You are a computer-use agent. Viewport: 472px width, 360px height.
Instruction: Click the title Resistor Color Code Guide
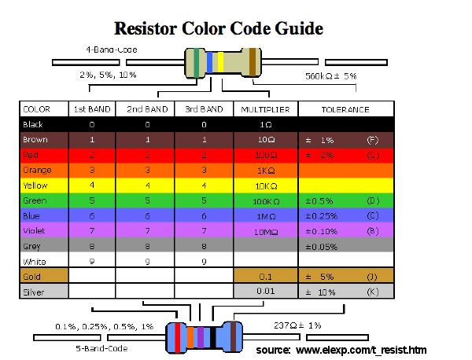click(219, 29)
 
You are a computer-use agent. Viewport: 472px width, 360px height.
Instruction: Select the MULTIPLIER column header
click(265, 109)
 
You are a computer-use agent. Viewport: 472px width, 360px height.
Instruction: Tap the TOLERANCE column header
click(345, 109)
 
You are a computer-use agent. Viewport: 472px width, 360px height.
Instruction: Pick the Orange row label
click(36, 170)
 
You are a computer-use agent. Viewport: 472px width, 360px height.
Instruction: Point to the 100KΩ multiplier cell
click(265, 200)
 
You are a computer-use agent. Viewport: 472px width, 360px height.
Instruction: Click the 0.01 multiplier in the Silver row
click(265, 292)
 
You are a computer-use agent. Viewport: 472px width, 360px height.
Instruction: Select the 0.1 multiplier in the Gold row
click(265, 277)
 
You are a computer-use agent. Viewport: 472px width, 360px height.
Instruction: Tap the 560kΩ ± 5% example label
click(330, 76)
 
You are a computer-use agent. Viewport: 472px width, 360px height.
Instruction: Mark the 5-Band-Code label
click(98, 346)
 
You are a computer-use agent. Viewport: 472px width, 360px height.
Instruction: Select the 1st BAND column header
click(91, 109)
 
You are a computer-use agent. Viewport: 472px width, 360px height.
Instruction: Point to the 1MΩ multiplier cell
click(265, 215)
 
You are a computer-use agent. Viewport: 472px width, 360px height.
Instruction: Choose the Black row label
click(33, 124)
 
